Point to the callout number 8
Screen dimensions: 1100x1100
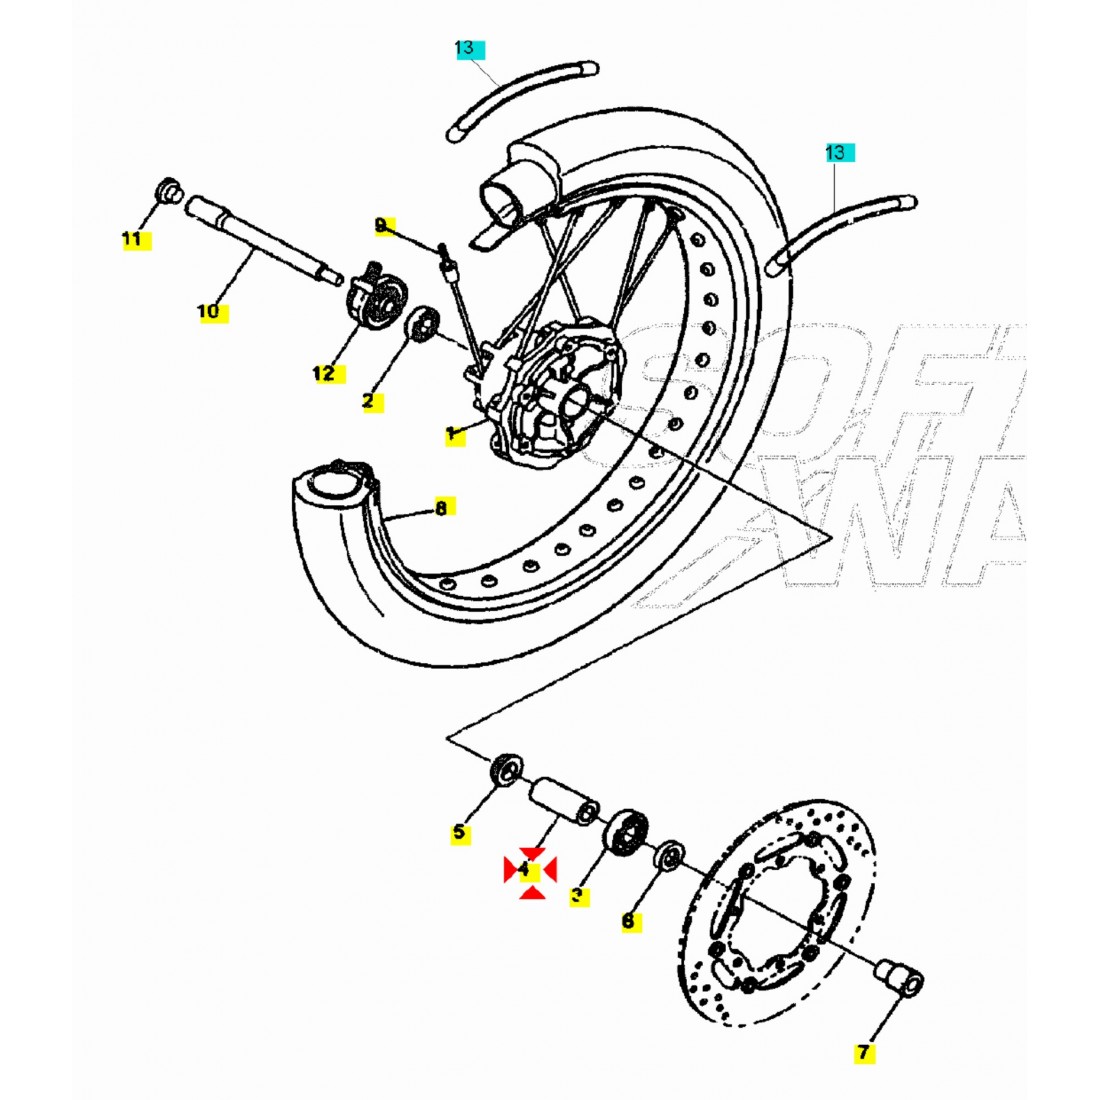[x=440, y=508]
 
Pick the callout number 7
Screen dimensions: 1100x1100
[x=863, y=1052]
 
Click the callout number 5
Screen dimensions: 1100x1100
[x=459, y=832]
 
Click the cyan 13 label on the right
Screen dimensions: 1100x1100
[x=836, y=152]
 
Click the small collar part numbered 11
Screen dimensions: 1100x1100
[x=168, y=189]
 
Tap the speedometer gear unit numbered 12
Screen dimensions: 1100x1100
[x=376, y=295]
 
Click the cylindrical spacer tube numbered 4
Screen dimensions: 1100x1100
[x=562, y=800]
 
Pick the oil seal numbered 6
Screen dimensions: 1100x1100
[x=669, y=857]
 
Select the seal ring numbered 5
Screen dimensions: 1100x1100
[x=505, y=771]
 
